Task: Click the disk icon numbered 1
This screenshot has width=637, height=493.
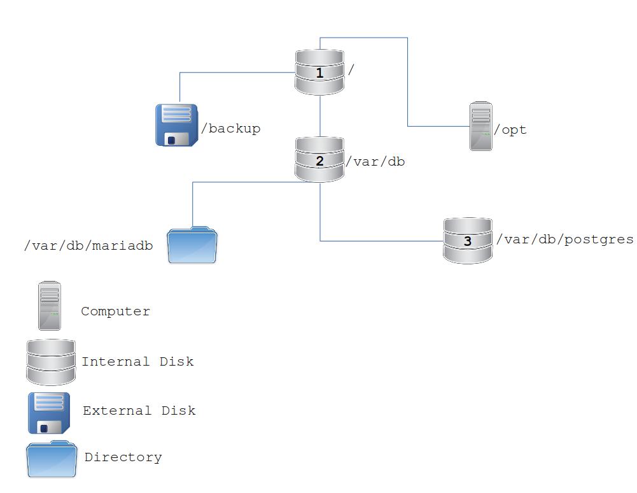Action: [319, 73]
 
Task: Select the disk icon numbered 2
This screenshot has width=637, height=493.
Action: [319, 160]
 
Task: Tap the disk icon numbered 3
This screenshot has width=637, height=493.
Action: [468, 241]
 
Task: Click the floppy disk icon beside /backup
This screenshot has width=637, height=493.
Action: [176, 125]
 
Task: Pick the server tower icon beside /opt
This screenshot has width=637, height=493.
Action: [481, 126]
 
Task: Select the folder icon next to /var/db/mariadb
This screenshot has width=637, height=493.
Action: [192, 245]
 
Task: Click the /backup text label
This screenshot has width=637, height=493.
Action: [231, 129]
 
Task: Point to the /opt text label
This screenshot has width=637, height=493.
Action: [510, 130]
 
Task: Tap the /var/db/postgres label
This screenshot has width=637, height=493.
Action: [565, 239]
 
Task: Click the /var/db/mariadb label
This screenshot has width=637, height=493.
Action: [88, 246]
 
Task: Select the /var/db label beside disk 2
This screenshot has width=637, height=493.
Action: [375, 161]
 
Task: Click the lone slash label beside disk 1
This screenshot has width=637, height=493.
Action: [351, 70]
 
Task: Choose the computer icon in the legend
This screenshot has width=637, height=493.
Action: [50, 306]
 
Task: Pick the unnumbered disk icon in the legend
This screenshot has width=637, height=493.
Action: [51, 362]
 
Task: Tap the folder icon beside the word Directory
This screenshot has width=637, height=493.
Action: [52, 459]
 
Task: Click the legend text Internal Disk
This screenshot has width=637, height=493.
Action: [137, 362]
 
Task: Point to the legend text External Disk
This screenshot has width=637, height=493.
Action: [139, 411]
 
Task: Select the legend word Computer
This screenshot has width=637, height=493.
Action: [115, 311]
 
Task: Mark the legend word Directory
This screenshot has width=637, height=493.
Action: [123, 457]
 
